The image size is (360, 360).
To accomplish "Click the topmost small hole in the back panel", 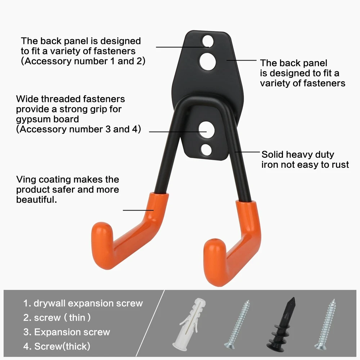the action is coord(208,41).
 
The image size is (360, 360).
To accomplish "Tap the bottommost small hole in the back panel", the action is coord(206,150).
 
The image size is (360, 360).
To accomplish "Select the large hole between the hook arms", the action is coord(207,130).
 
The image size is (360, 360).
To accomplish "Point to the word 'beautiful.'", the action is coord(36,199).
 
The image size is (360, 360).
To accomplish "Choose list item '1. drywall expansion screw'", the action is coord(83,303).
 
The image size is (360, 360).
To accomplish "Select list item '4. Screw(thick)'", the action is coord(57,346).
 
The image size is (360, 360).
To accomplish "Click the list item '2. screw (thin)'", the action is coord(57,318).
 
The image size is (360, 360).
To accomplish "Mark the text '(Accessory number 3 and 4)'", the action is coord(78,129).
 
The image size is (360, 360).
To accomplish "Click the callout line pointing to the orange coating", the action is coord(138,210).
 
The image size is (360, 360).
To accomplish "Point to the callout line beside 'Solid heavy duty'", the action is coord(247,152).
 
